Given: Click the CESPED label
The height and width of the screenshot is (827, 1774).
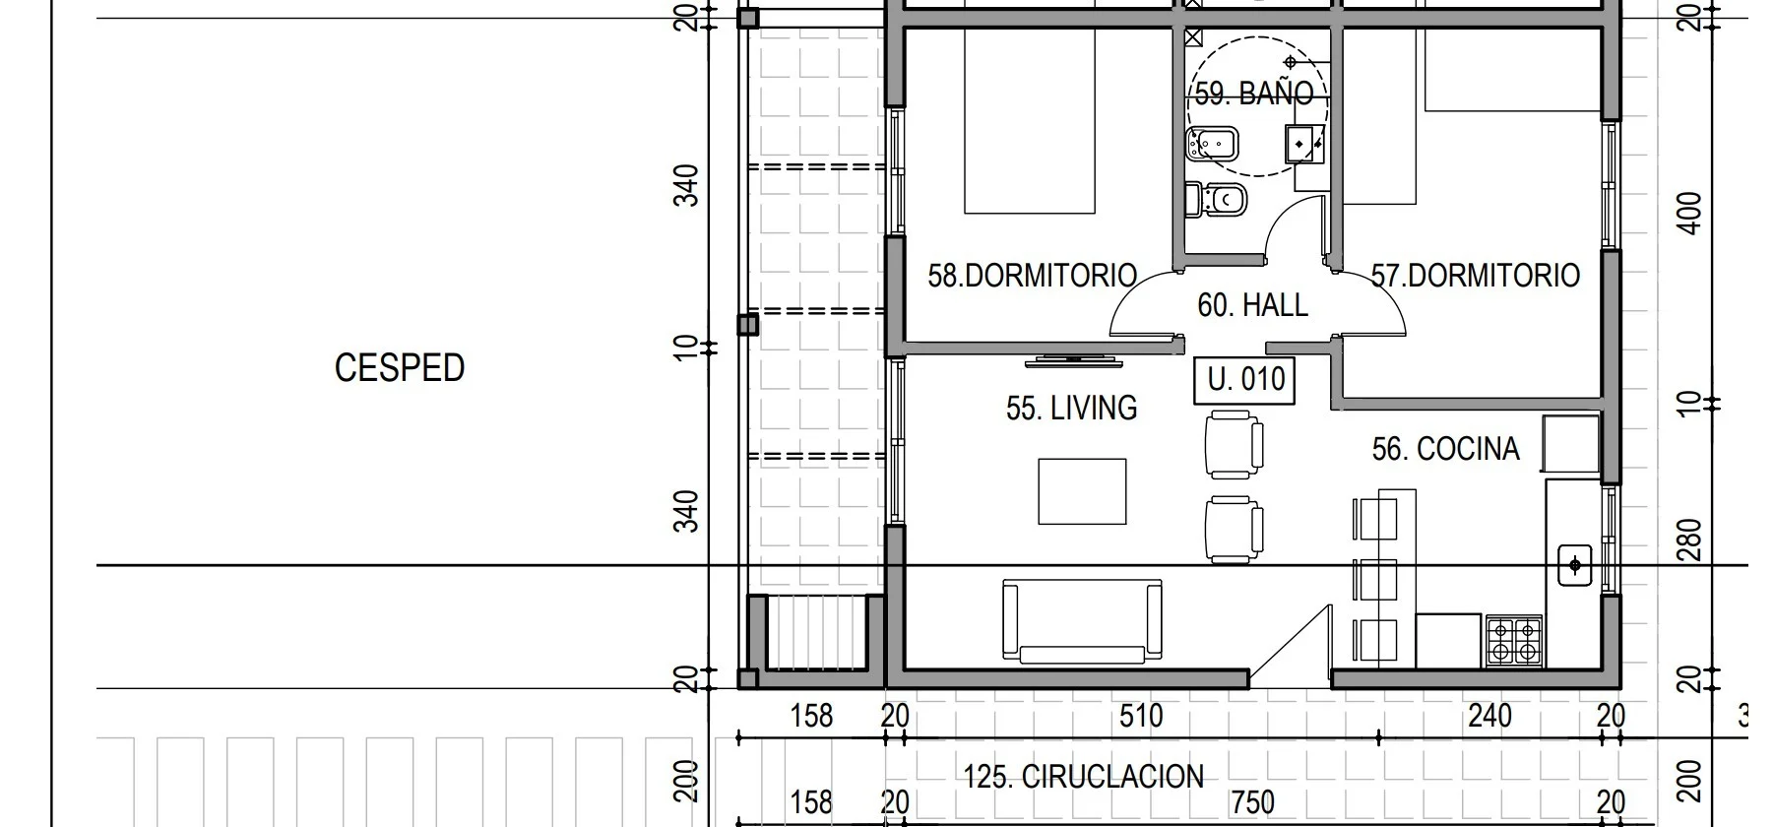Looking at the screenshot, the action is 400,367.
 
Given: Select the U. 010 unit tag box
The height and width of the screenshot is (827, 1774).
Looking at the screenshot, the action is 1245,380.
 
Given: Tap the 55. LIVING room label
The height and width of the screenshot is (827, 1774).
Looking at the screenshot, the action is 1071,408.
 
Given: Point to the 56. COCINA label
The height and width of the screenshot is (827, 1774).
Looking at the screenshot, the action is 1445,449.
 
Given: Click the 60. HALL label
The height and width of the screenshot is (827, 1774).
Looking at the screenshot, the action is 1252,305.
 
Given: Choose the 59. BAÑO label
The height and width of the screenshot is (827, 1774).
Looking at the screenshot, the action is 1254,94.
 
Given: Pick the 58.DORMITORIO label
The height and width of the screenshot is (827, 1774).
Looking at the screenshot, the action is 1032,275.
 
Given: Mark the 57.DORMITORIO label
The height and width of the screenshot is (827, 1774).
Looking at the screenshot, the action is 1476,275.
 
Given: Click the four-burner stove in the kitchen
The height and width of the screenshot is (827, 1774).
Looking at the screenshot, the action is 1514,640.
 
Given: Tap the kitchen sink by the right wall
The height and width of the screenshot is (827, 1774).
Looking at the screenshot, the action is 1575,565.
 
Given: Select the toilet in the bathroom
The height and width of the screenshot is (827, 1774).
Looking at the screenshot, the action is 1217,200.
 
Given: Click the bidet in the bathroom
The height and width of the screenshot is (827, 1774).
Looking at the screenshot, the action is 1211,146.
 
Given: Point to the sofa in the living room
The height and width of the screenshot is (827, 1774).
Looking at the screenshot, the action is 1082,619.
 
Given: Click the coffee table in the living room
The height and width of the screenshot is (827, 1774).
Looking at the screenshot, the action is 1083,491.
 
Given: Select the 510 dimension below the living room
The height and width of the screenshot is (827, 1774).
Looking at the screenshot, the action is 1141,716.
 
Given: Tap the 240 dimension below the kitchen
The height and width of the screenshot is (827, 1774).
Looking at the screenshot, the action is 1489,716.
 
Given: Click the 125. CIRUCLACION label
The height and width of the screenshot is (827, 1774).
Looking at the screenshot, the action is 1083,777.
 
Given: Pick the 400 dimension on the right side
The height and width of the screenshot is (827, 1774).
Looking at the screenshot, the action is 1689,213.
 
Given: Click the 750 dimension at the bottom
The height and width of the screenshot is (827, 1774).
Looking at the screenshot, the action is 1252,802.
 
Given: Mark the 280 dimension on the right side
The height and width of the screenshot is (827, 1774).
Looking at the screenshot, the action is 1689,541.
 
